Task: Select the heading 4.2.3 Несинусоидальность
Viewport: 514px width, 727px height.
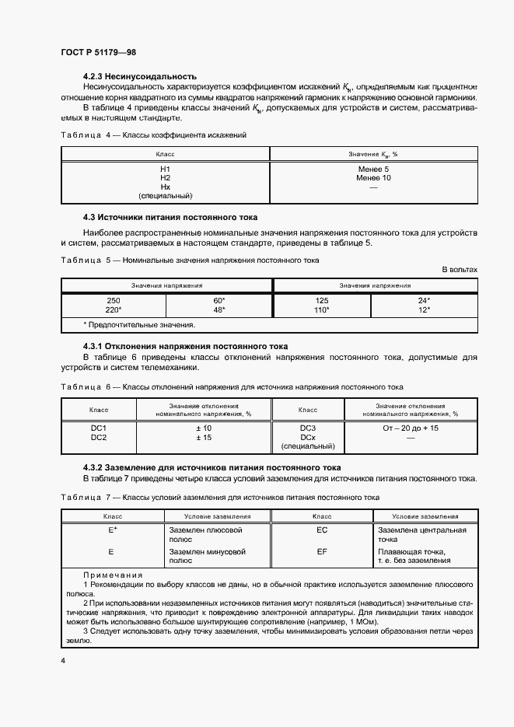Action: click(139, 76)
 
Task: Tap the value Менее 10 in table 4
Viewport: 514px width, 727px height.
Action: click(374, 178)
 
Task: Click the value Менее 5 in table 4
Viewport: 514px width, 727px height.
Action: click(374, 169)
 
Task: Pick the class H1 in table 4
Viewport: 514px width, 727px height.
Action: click(165, 169)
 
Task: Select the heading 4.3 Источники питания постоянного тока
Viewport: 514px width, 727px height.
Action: click(170, 217)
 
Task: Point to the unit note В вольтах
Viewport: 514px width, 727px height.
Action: click(459, 269)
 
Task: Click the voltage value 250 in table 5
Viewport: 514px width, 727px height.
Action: click(113, 300)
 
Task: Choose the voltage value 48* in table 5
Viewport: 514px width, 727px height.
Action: click(219, 309)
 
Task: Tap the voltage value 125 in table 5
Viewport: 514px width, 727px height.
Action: click(322, 300)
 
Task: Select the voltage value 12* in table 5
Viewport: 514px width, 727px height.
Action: click(424, 309)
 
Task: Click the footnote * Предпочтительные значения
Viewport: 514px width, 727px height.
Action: click(138, 324)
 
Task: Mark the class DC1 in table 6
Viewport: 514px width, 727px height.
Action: click(99, 428)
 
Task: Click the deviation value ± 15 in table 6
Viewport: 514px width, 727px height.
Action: click(204, 437)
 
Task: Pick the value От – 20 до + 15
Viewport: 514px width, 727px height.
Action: click(411, 428)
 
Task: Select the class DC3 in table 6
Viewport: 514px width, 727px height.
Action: click(307, 428)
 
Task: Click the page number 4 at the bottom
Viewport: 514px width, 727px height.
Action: click(62, 660)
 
